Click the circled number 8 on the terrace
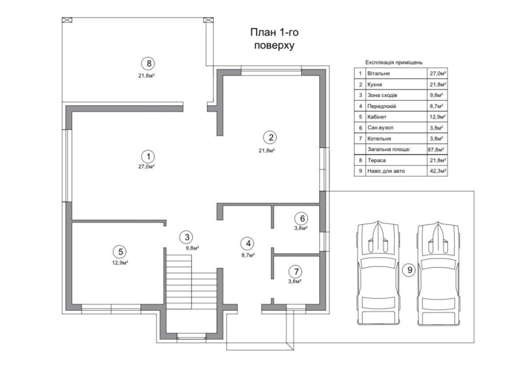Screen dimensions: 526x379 click(148, 64)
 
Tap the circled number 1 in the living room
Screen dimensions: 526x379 click(148, 156)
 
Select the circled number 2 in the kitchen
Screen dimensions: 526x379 click(270, 137)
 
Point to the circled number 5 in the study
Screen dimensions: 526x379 click(120, 252)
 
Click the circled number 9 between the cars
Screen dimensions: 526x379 click(409, 270)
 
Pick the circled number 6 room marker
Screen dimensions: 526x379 click(302, 218)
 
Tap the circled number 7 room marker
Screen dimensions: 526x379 click(296, 271)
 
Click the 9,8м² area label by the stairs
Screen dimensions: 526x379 click(193, 248)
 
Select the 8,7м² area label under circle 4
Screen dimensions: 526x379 click(248, 255)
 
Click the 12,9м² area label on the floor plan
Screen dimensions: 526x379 click(120, 262)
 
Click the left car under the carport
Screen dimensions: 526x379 click(378, 273)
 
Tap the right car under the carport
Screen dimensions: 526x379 click(438, 273)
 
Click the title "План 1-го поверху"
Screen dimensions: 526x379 click(275, 38)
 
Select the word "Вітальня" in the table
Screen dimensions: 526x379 click(378, 73)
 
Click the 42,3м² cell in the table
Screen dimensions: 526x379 click(438, 171)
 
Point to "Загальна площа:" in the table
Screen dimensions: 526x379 click(389, 149)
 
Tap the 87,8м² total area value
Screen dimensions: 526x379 click(436, 150)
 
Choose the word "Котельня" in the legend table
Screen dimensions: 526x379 click(379, 139)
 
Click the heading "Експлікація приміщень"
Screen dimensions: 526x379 click(394, 62)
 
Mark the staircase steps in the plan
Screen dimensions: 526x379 click(191, 282)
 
